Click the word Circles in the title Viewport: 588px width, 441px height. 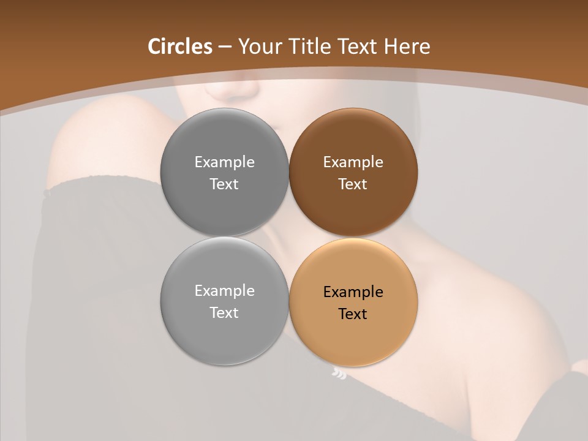pos(179,47)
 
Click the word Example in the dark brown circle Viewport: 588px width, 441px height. pos(353,162)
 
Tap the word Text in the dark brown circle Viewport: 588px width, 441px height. pos(353,184)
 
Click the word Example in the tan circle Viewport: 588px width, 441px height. pos(353,292)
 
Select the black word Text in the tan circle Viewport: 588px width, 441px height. pos(353,314)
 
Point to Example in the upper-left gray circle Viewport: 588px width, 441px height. pos(224,162)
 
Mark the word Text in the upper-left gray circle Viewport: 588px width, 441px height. pos(224,184)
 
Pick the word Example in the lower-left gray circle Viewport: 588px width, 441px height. pos(224,291)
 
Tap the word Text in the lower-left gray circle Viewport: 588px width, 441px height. pos(224,313)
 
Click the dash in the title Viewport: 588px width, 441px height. pos(225,47)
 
